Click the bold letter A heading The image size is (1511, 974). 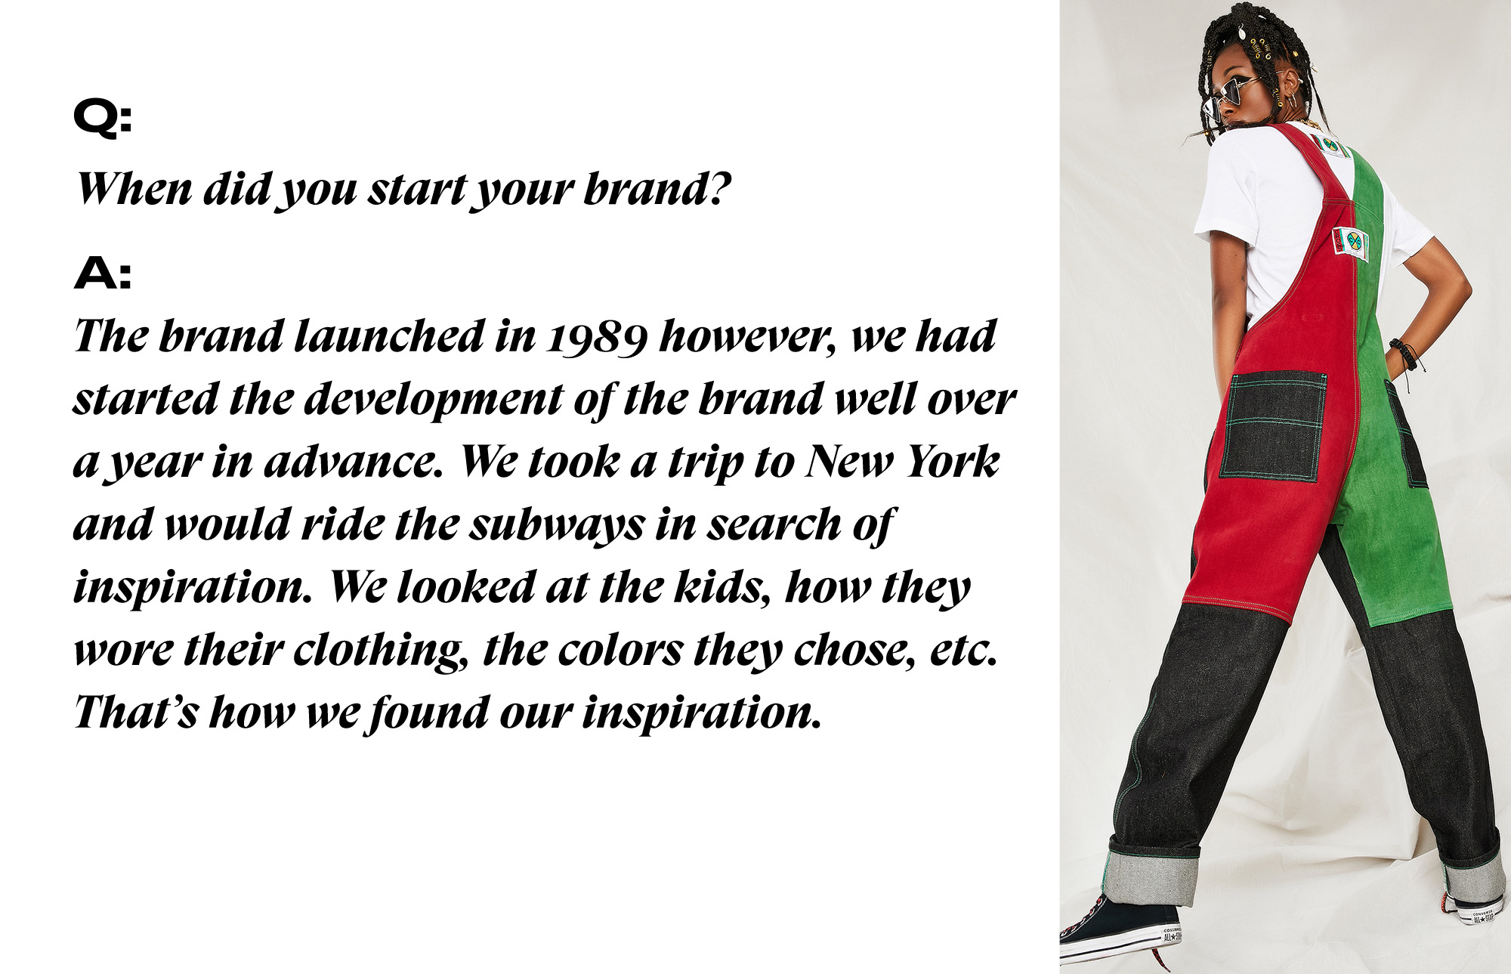[x=103, y=273]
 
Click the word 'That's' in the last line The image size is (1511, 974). [x=136, y=712]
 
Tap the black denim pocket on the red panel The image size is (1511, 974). [x=1273, y=425]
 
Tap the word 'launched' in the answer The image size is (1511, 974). [x=388, y=336]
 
